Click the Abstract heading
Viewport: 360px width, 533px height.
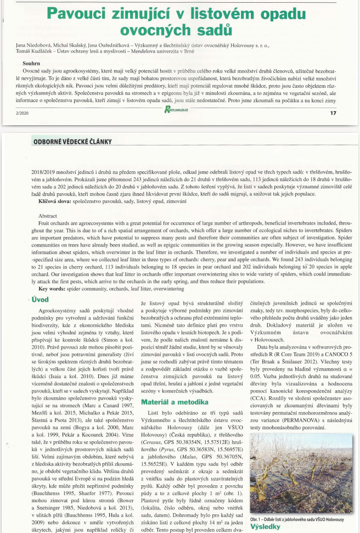click(47, 216)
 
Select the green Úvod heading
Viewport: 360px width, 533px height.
click(39, 300)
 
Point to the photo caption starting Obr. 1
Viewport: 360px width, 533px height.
click(296, 519)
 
